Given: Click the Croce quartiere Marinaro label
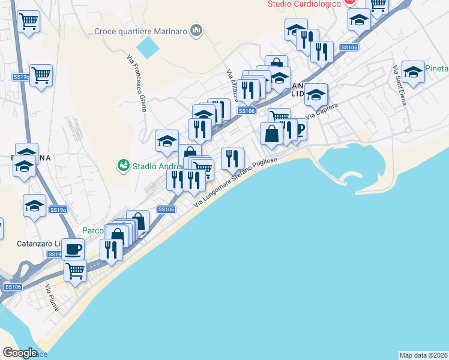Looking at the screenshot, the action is [x=141, y=31].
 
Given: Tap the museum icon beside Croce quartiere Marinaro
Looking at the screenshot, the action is [x=196, y=31].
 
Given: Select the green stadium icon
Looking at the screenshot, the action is [x=124, y=164].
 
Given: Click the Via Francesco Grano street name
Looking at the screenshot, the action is [x=136, y=78].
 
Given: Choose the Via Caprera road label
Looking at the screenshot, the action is [x=322, y=110].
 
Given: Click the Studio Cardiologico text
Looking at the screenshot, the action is [x=304, y=4].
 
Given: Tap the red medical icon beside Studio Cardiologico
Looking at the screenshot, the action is [x=349, y=3].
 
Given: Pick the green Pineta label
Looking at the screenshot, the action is [x=437, y=68].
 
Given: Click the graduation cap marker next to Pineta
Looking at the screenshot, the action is [x=412, y=73].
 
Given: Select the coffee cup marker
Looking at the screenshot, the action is [x=73, y=248].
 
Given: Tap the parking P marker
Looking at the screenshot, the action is [x=298, y=128].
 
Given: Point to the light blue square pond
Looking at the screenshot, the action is [x=148, y=47].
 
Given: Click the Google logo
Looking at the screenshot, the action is [x=20, y=353].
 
